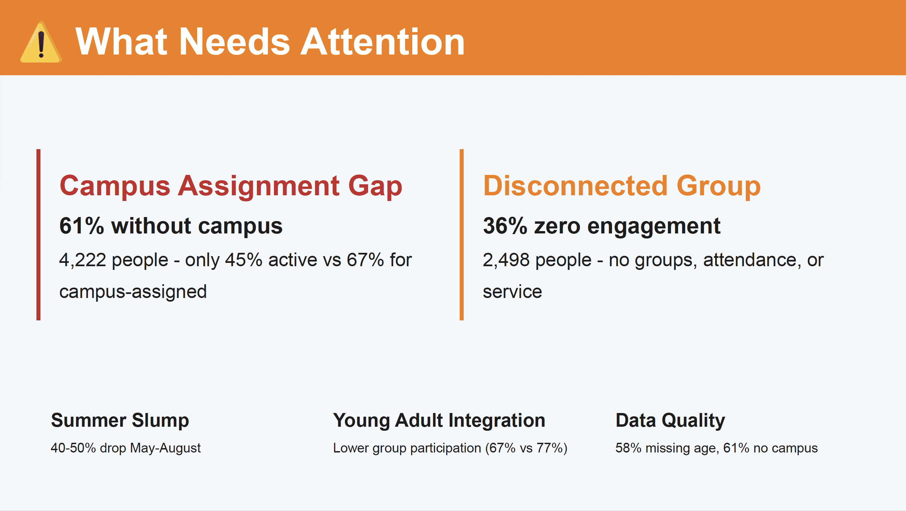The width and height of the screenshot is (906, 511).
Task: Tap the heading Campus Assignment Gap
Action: pyautogui.click(x=231, y=186)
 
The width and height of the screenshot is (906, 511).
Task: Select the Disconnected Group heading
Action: pyautogui.click(x=621, y=186)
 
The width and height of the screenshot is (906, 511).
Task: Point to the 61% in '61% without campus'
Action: pyautogui.click(x=82, y=226)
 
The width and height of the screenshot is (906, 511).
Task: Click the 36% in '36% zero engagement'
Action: pyautogui.click(x=505, y=226)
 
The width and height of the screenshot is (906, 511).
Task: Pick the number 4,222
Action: pyautogui.click(x=83, y=260)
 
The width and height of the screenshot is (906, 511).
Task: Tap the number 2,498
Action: pyautogui.click(x=506, y=260)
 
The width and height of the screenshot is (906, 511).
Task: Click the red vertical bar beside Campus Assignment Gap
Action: pyautogui.click(x=38, y=234)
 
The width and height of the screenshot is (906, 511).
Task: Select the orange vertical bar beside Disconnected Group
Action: pyautogui.click(x=461, y=234)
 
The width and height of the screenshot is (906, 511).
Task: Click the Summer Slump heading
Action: pyautogui.click(x=120, y=420)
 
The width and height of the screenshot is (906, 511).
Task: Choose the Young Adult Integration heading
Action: pyautogui.click(x=439, y=420)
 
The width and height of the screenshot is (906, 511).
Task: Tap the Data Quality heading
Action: pyautogui.click(x=670, y=420)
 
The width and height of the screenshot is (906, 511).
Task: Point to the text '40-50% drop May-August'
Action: pyautogui.click(x=126, y=448)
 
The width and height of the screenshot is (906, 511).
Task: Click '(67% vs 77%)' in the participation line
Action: pyautogui.click(x=526, y=448)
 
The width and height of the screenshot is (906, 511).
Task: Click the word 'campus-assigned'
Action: pyautogui.click(x=133, y=292)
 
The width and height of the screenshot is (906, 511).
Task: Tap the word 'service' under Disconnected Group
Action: pyautogui.click(x=512, y=292)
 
